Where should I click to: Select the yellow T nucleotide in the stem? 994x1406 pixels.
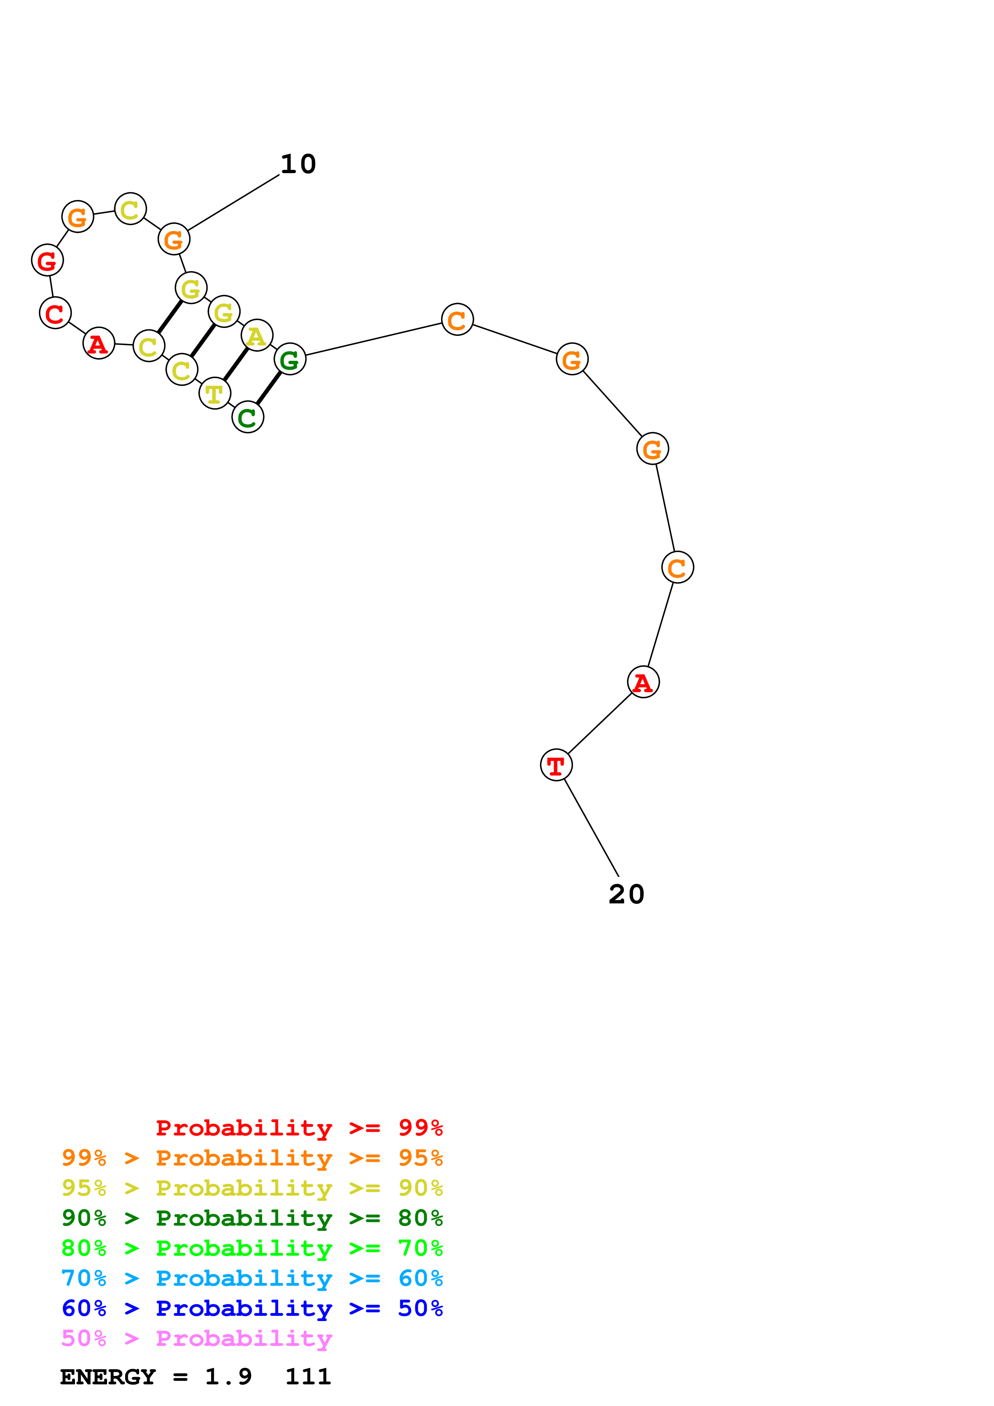[215, 393]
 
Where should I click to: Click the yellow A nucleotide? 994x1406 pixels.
[257, 335]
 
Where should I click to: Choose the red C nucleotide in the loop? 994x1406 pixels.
[55, 313]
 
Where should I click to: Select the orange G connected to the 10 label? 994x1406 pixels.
[174, 239]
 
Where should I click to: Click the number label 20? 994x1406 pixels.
[626, 894]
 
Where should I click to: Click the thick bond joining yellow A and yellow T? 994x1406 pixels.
[236, 364]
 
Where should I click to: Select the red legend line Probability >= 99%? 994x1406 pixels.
[299, 1127]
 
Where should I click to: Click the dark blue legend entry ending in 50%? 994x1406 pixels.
[252, 1308]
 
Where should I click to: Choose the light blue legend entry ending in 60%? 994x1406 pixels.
[252, 1278]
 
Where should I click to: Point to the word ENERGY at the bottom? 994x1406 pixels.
[108, 1377]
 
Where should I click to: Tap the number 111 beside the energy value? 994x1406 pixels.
[308, 1377]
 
